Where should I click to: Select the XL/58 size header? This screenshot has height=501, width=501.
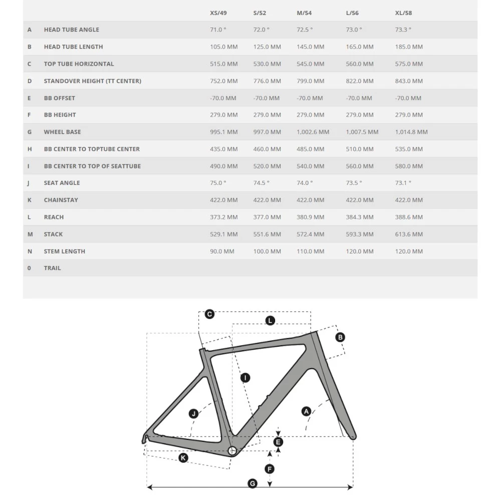[403, 13]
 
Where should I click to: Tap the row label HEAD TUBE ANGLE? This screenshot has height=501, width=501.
[71, 30]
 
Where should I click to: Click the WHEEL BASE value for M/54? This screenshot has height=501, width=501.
[313, 132]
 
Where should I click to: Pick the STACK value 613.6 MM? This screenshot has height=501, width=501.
[409, 234]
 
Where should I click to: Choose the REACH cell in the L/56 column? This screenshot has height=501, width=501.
[360, 217]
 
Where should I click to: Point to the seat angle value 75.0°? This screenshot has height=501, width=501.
[218, 183]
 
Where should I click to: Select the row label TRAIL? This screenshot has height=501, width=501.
[52, 268]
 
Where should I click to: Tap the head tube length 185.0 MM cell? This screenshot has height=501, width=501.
[409, 47]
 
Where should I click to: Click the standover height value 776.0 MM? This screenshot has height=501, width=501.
[267, 81]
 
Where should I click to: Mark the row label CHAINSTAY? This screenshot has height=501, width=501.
[61, 200]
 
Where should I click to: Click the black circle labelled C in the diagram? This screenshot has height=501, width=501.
[209, 314]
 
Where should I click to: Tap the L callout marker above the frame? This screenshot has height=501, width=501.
[270, 321]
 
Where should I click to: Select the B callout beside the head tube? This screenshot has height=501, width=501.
[340, 337]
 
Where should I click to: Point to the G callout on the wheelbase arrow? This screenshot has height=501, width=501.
[253, 483]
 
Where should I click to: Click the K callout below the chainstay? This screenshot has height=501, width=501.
[183, 458]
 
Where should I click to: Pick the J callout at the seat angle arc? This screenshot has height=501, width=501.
[193, 414]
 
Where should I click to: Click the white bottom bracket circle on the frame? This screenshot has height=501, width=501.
[232, 450]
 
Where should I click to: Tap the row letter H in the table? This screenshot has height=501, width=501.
[29, 149]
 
